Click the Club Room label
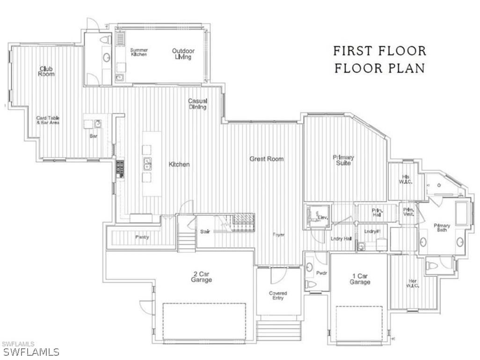[46, 71]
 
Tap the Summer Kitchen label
[139, 52]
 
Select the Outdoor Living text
[183, 54]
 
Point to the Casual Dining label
[198, 104]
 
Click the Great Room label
[266, 159]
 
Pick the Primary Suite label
[343, 160]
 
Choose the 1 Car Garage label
[360, 279]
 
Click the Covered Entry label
[278, 295]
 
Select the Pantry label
[142, 237]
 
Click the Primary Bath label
[442, 228]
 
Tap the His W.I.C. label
[405, 179]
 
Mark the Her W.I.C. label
[413, 283]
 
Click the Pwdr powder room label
[321, 272]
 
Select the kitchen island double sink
[147, 163]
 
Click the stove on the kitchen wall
[120, 169]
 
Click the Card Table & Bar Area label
[48, 120]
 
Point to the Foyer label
[279, 235]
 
